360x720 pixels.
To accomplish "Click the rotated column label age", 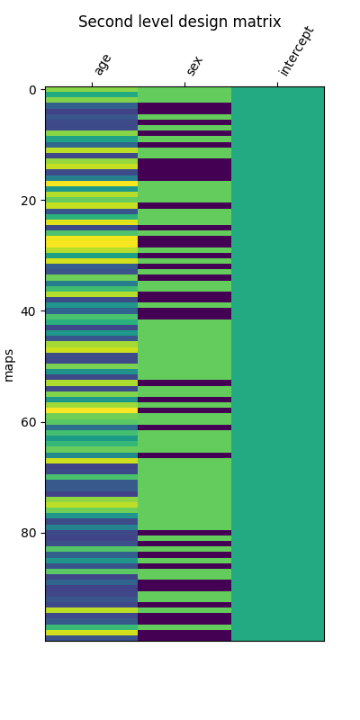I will coord(102,64).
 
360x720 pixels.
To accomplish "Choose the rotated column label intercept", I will coord(296,51).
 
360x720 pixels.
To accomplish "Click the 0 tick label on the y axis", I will coord(31,90).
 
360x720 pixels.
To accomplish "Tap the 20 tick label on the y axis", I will coord(28,201).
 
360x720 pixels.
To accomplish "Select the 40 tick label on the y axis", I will coord(28,311).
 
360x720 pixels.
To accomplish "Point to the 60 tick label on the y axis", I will coord(28,422).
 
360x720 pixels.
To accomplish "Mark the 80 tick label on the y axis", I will coord(28,533).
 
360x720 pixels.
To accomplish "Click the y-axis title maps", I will coord(10,364).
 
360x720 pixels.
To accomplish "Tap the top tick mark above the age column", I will coord(92,85).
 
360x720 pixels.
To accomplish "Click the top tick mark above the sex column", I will coord(184,85).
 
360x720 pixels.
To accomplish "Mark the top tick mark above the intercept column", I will coord(277,85).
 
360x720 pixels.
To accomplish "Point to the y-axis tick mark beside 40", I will coord(42,311).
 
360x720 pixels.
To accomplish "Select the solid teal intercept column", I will coord(277,360).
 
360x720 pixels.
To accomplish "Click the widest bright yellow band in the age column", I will coord(92,242).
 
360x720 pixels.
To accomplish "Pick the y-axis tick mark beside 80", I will coord(42,533).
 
